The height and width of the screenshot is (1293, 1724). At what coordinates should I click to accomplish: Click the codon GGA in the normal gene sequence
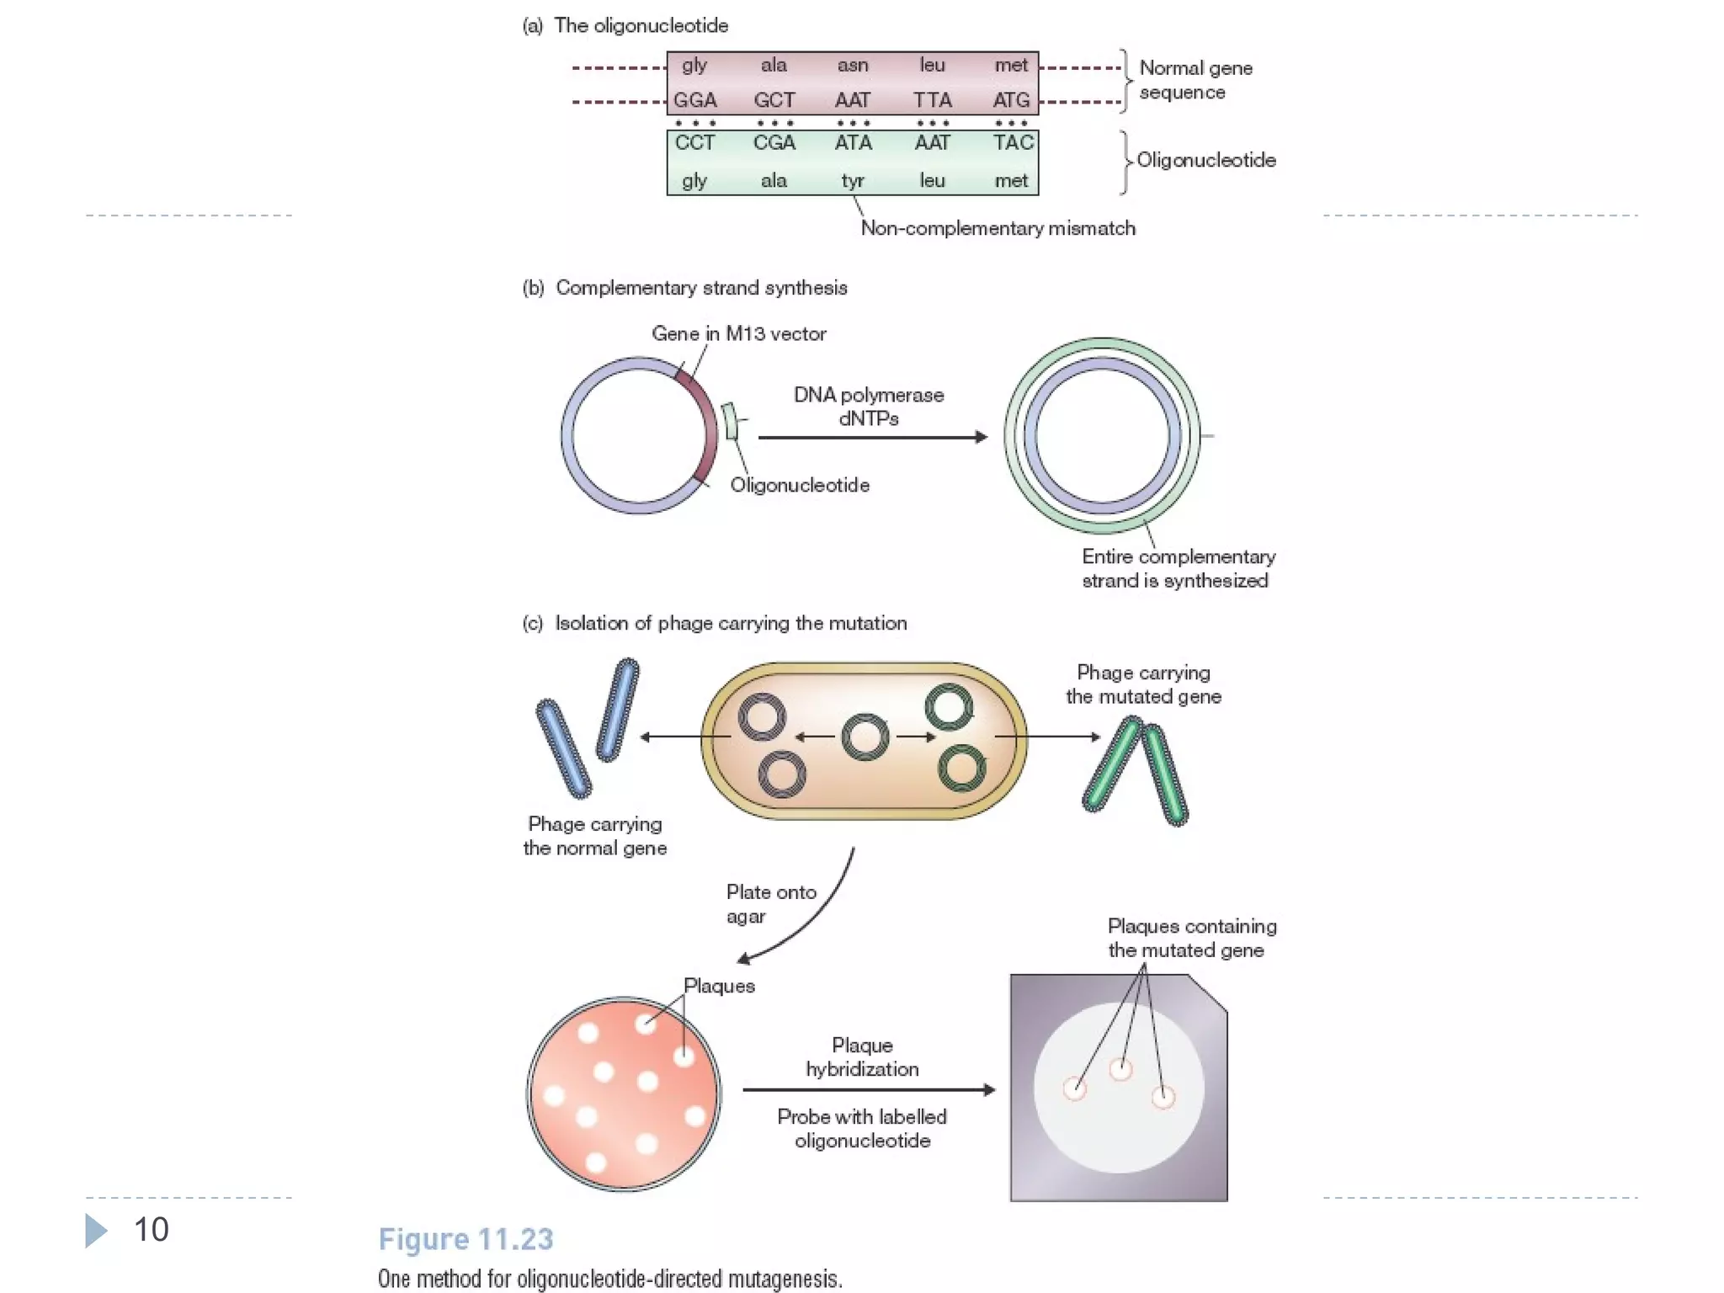coord(694,100)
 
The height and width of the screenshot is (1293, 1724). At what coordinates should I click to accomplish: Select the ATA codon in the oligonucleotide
coord(853,143)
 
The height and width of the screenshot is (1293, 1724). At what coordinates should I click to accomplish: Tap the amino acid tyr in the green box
coord(852,181)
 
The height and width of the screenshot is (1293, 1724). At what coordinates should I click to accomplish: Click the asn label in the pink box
coord(852,66)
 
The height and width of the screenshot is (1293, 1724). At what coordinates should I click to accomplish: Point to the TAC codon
coord(1012,143)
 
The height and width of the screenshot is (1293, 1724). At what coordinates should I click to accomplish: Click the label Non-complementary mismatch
coord(998,228)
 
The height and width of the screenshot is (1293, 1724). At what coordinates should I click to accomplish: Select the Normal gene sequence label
coord(1195,80)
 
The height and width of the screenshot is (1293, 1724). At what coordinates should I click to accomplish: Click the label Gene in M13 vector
coord(738,334)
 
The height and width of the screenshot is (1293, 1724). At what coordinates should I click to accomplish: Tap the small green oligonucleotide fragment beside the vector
coord(730,421)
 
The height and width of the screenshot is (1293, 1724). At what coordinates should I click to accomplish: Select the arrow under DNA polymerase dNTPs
coord(871,437)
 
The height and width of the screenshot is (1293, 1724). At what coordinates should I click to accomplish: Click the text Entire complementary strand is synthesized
coord(1178,568)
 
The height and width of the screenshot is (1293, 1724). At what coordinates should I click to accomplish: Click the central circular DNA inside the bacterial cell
coord(865,737)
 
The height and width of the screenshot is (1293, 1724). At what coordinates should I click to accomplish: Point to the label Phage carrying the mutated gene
coord(1143,684)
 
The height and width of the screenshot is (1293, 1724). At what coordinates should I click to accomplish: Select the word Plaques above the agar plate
coord(719,986)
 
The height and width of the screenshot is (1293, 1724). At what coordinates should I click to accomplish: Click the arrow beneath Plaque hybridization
coord(867,1090)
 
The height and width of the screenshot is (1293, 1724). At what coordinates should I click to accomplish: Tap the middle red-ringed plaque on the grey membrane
coord(1120,1070)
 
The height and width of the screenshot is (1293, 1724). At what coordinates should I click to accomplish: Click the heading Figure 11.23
coord(466,1239)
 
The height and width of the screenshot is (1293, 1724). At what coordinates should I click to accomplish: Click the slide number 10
coord(152,1230)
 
